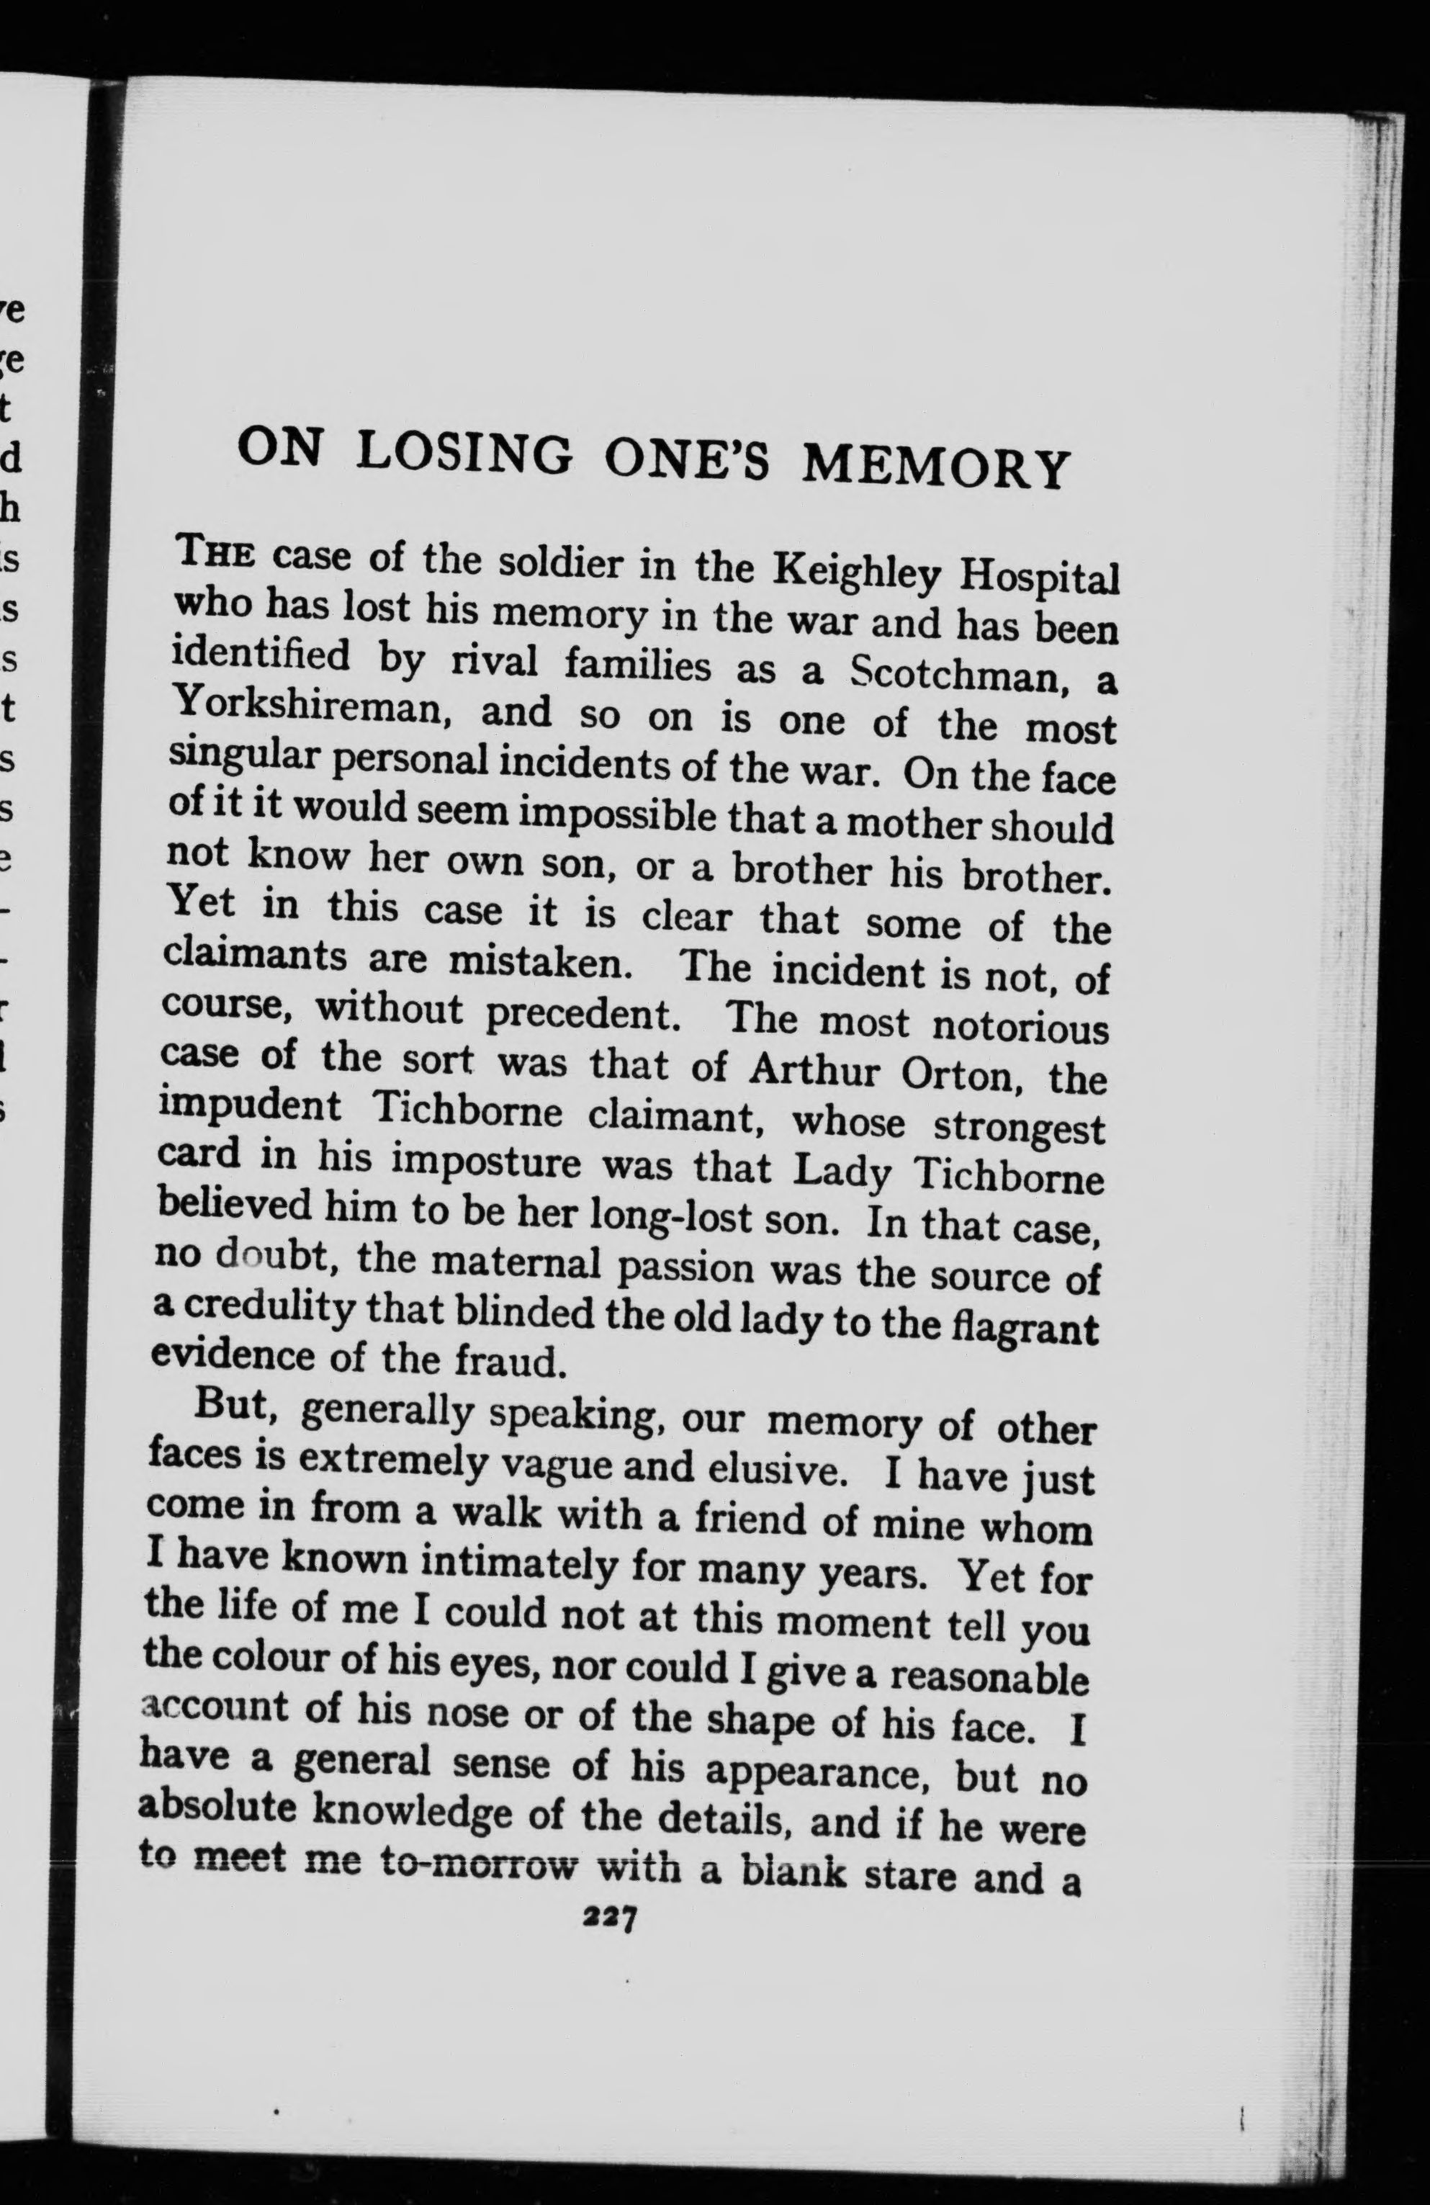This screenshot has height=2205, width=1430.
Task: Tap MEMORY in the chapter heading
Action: coord(935,466)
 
